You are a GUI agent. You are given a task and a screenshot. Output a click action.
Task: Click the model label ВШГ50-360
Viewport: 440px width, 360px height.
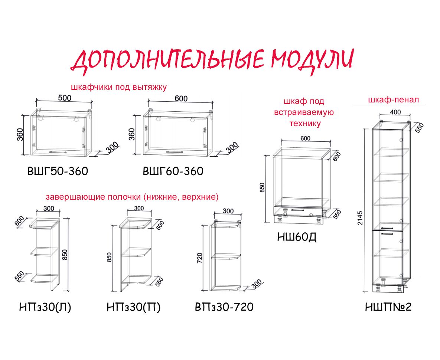[x=58, y=171]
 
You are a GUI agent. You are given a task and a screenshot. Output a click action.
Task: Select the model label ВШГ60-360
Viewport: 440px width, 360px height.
[x=173, y=171]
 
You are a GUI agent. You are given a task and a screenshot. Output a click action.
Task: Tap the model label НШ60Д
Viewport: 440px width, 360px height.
[x=297, y=237]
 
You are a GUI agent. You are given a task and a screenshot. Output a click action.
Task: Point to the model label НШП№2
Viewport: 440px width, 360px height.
[x=388, y=307]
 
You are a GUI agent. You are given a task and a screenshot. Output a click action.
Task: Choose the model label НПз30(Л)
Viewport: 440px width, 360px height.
[x=45, y=307]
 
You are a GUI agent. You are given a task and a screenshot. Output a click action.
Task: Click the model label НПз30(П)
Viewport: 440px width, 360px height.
[x=134, y=307]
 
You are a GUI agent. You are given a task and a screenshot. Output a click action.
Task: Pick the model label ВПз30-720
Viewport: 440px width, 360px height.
[x=224, y=307]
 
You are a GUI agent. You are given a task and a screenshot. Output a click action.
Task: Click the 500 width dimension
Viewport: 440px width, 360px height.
[x=65, y=98]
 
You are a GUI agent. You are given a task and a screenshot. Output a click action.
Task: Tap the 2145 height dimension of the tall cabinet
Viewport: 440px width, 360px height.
[x=360, y=218]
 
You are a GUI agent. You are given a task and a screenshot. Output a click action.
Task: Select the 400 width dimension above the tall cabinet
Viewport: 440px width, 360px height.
[x=395, y=112]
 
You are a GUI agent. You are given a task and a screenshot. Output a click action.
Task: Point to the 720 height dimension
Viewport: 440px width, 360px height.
[x=199, y=258]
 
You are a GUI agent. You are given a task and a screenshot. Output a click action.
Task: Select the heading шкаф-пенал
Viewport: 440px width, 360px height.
[x=394, y=99]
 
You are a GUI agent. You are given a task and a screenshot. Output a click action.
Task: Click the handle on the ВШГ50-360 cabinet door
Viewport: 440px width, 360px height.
[x=58, y=152]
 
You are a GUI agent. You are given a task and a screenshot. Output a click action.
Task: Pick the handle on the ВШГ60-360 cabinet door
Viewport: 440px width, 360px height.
[x=175, y=152]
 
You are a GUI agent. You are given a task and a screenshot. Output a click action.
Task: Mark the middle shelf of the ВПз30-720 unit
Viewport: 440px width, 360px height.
[x=226, y=256]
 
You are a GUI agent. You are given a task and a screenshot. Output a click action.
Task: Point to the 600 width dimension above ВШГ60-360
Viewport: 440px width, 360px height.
[x=181, y=98]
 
